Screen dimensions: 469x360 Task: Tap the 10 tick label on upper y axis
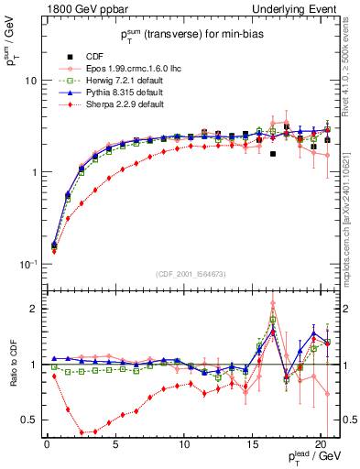click(x=30, y=81)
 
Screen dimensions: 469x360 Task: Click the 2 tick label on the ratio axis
click(x=33, y=309)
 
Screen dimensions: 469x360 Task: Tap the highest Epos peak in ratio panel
click(x=273, y=303)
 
